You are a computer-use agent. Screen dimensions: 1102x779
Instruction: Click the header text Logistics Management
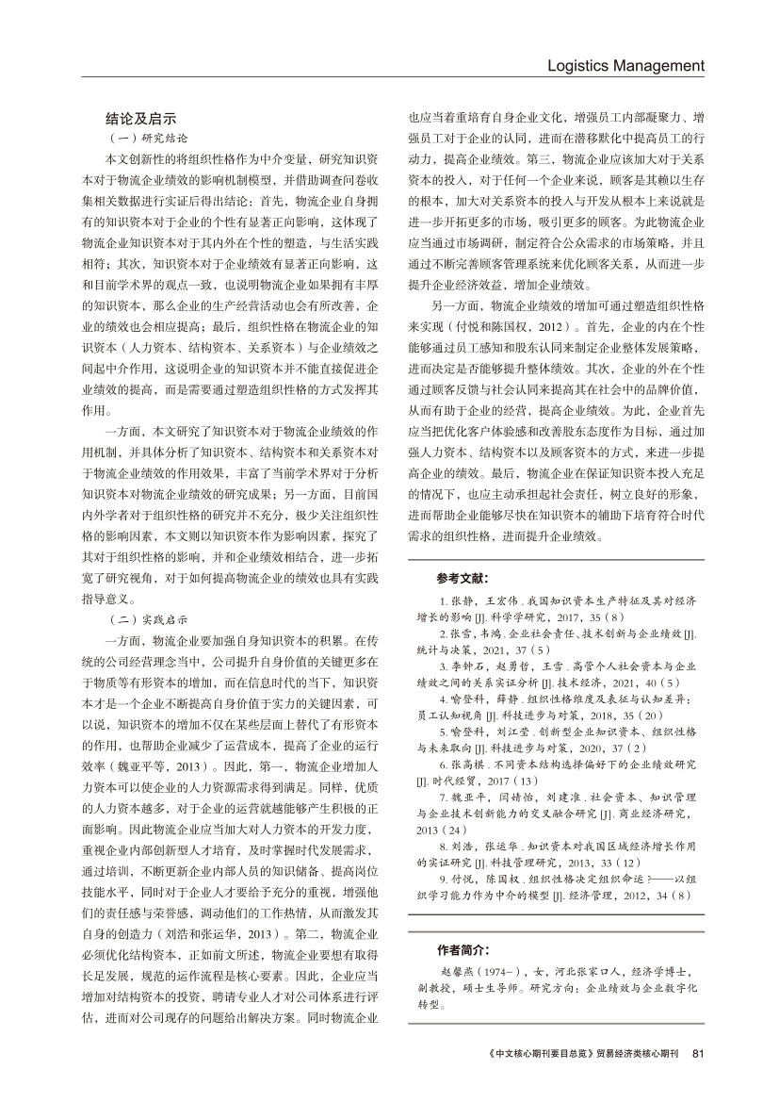pos(625,65)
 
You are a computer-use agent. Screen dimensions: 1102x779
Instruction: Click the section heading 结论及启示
pos(141,119)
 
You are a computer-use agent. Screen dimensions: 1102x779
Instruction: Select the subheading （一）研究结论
pos(143,138)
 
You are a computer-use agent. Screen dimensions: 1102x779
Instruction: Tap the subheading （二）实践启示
pos(143,619)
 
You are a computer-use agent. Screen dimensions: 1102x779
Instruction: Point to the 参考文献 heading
pos(463,577)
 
